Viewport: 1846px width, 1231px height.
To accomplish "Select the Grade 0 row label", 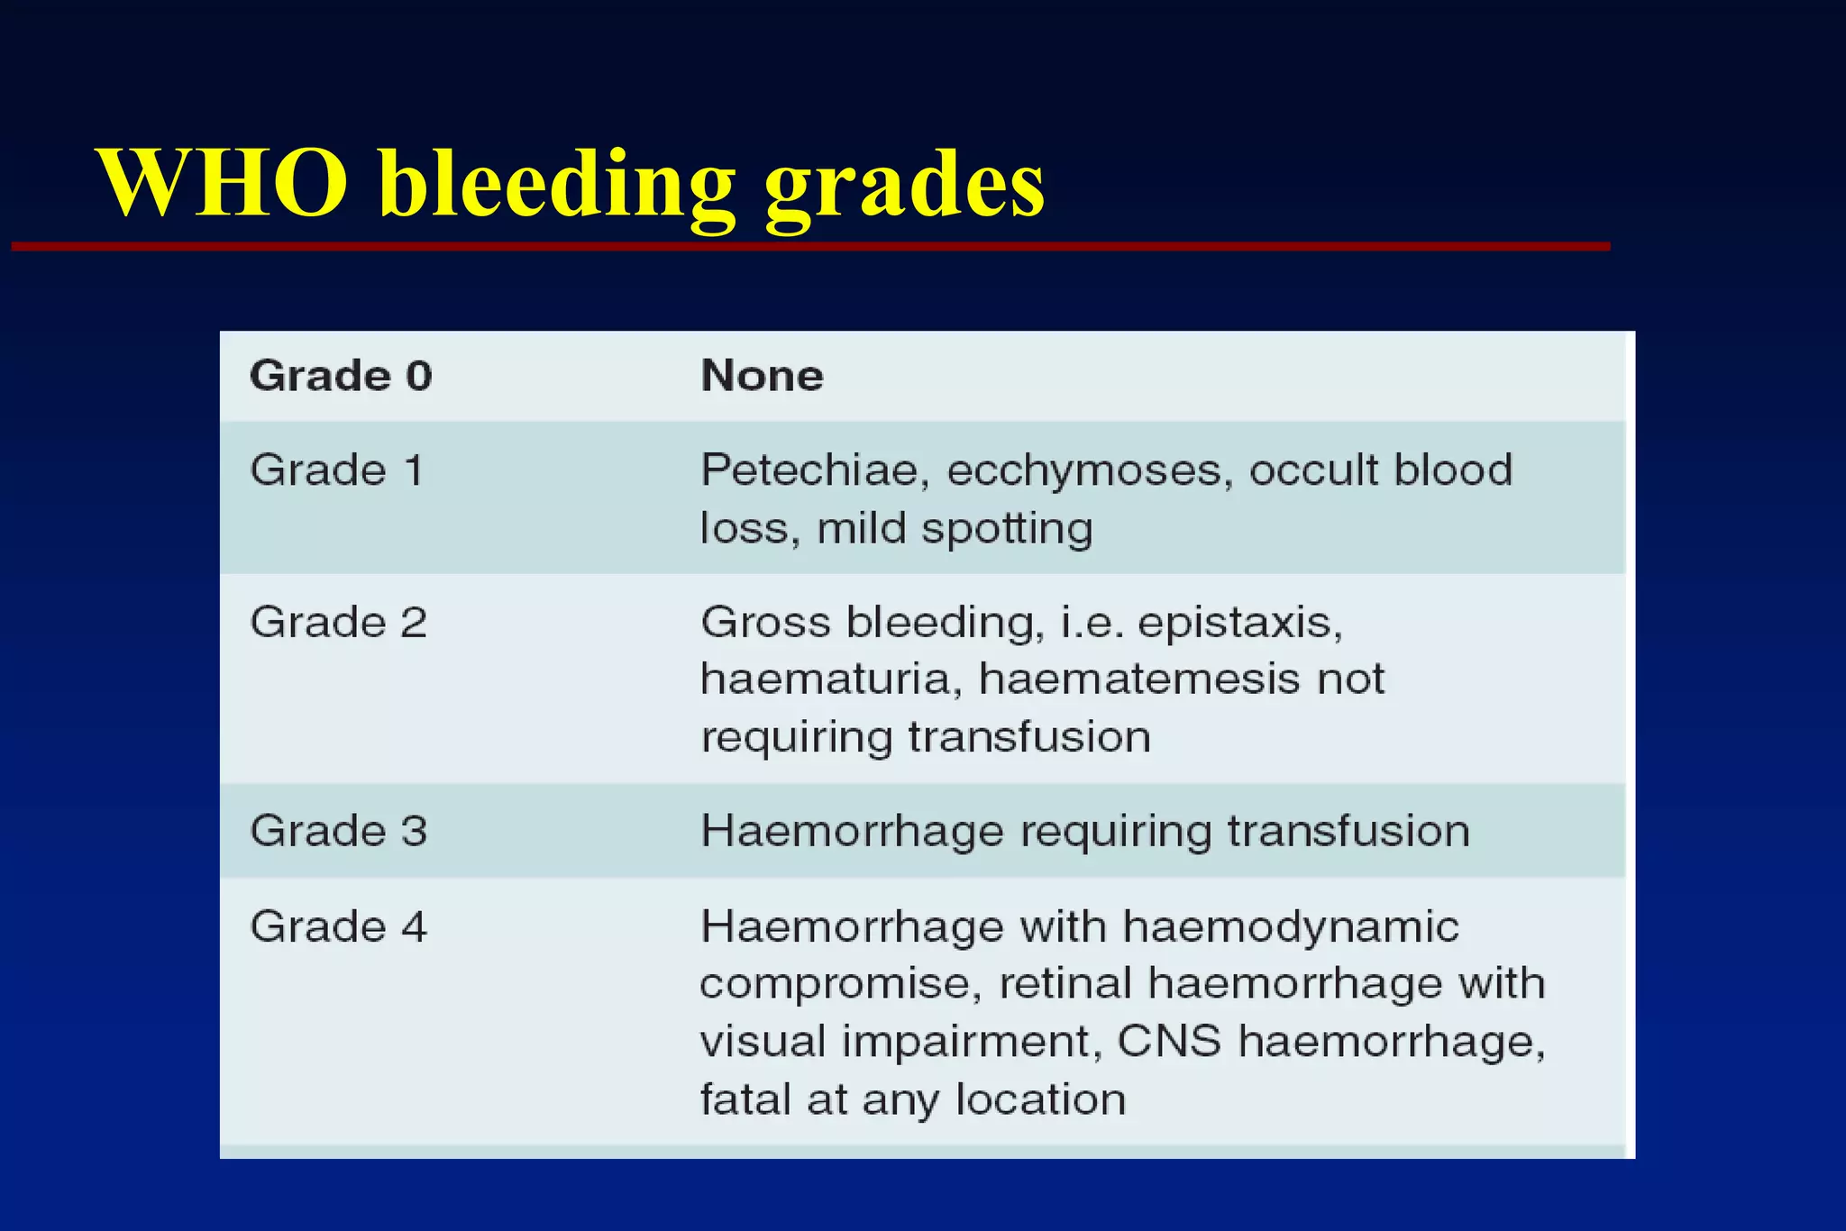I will pos(341,376).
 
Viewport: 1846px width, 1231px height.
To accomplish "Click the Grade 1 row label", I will pos(336,470).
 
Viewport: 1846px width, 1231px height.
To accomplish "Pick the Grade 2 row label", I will pos(338,623).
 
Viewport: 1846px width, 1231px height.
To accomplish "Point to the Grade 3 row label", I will pos(338,831).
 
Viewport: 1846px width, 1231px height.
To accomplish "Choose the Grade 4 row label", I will pos(338,927).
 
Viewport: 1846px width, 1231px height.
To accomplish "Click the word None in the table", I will pos(762,376).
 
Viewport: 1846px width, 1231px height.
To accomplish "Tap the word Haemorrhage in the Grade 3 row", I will pos(852,831).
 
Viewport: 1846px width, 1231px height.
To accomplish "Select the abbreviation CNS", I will pos(1169,1042).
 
